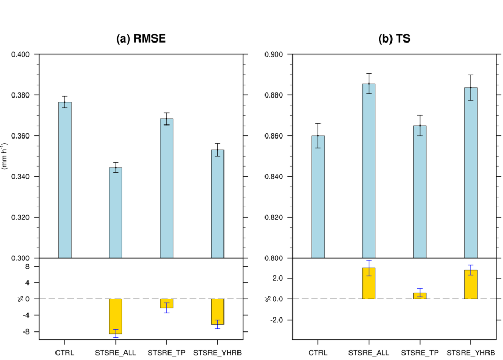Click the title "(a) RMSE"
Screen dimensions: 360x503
point(141,39)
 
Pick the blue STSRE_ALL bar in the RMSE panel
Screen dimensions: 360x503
point(116,213)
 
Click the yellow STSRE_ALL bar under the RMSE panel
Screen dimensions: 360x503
point(116,316)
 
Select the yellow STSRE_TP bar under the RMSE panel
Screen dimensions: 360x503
point(166,303)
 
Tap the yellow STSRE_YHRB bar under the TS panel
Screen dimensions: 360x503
point(471,284)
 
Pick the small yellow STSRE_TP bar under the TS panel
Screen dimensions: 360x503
point(420,296)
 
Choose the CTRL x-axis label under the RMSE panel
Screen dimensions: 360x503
point(65,353)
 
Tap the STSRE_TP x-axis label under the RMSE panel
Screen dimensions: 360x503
point(166,353)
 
